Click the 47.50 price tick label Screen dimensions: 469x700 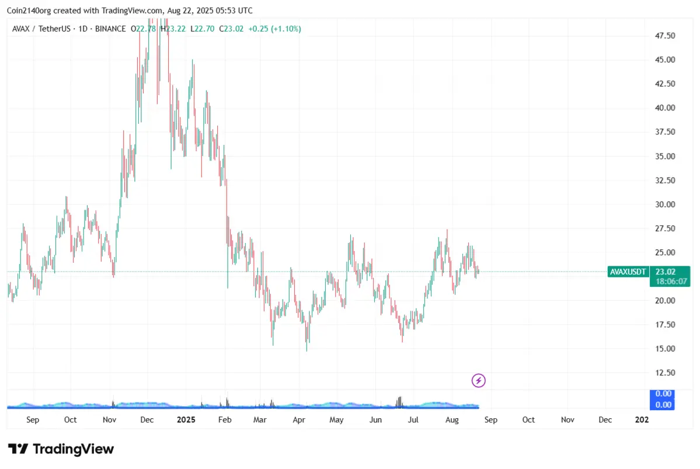[x=665, y=36]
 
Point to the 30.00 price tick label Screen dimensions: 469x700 [x=665, y=204]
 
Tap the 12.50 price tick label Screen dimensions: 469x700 [x=665, y=373]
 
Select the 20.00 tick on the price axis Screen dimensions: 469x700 [x=665, y=301]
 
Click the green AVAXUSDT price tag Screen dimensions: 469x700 [x=628, y=272]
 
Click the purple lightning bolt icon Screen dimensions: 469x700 [x=479, y=381]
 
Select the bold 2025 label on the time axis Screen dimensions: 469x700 [x=186, y=419]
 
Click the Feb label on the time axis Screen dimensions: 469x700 [x=225, y=419]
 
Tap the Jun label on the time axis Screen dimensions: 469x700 [x=375, y=419]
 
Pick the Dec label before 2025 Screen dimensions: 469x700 [x=147, y=419]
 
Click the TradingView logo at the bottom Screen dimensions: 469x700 [x=61, y=449]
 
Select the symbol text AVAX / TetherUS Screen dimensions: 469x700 [x=39, y=29]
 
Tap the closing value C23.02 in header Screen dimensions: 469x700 [x=231, y=29]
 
